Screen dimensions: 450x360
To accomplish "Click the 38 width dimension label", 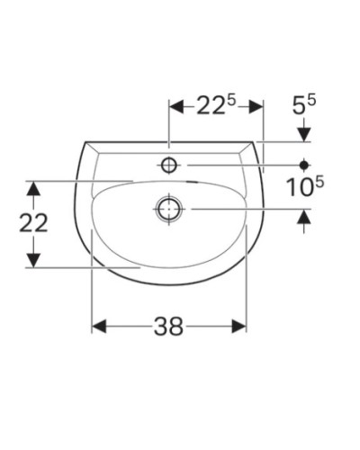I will [x=168, y=328].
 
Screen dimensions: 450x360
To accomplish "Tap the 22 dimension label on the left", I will [x=33, y=223].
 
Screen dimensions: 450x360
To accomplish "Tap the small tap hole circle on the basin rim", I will [x=168, y=165].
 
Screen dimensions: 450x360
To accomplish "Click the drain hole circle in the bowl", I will [x=168, y=209].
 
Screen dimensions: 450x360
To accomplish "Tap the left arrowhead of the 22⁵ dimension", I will [x=175, y=106].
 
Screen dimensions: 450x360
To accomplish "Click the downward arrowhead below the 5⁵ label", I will [x=304, y=134].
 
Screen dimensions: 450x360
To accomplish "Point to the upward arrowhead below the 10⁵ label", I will [x=304, y=216].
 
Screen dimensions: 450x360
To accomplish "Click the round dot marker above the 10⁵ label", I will [x=304, y=165].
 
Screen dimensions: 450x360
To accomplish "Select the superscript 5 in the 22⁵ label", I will [x=230, y=101].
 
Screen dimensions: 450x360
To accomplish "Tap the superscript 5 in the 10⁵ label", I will [x=319, y=183].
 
